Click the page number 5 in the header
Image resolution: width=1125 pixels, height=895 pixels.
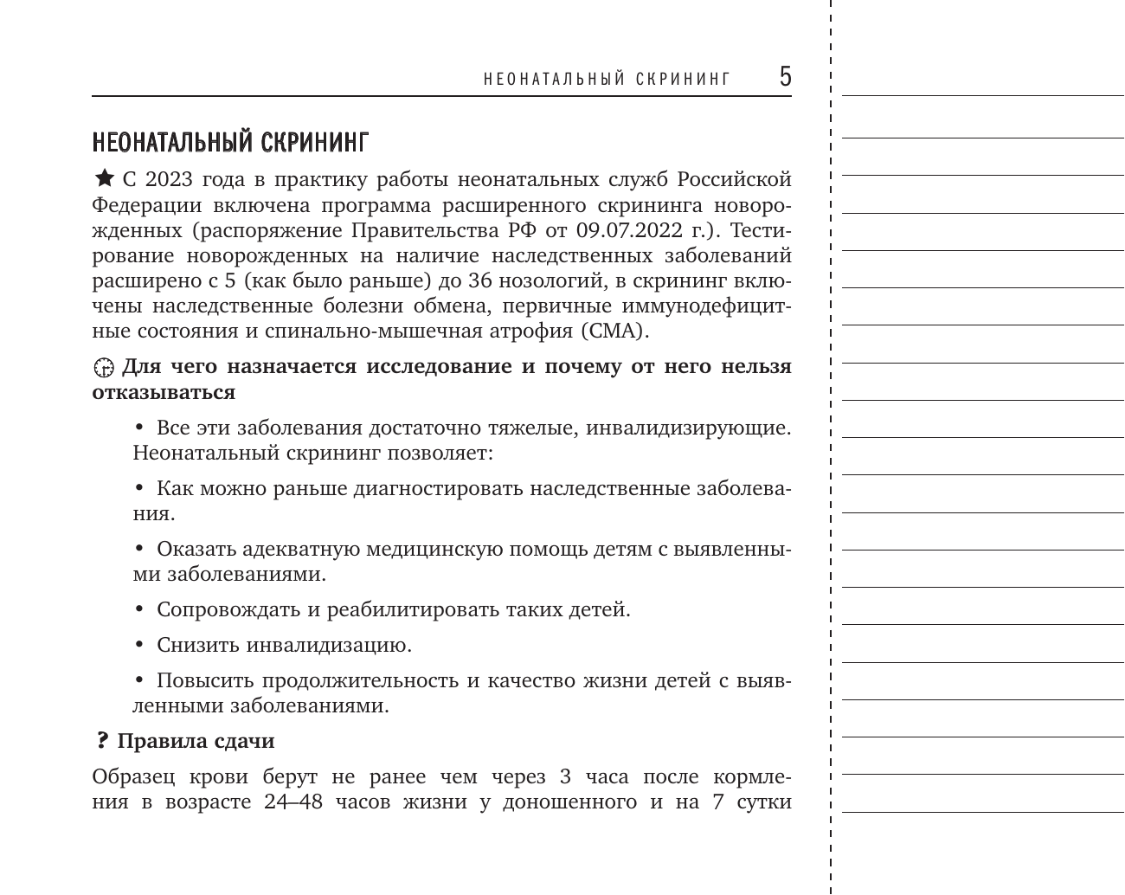pos(784,77)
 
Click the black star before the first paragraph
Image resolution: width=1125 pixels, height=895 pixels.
pos(103,179)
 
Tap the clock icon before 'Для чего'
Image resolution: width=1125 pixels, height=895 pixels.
pos(103,367)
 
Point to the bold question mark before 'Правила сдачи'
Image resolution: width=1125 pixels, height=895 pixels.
pos(101,741)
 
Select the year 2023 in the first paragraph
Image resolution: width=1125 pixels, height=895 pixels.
pos(169,180)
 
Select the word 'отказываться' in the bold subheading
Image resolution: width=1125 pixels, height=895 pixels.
pos(164,392)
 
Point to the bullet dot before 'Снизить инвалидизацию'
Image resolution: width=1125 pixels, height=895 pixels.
pos(139,645)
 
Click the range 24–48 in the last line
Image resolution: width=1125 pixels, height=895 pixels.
pos(293,802)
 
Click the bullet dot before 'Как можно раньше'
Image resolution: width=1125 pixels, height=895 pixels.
pos(139,488)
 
